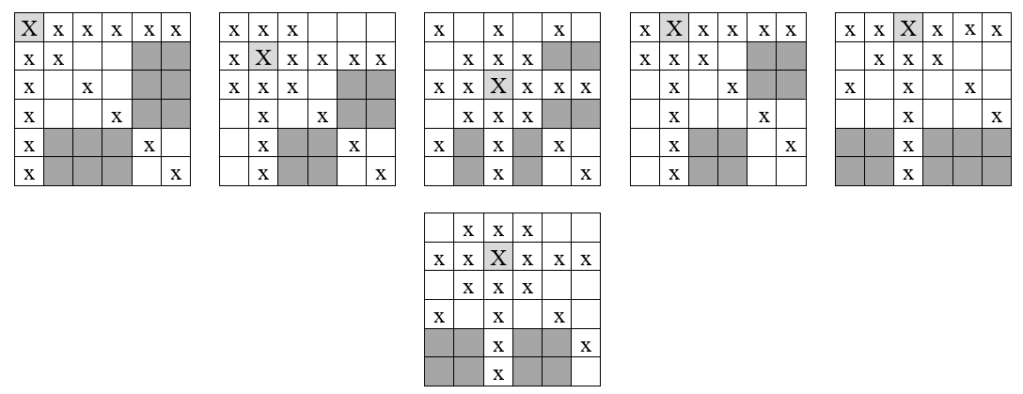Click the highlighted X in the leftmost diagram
point(29,28)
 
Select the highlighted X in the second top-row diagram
point(263,57)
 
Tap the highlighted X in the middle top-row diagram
point(498,87)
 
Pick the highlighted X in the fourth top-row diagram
point(673,28)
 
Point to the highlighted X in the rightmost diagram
point(907,28)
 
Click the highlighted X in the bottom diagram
point(498,257)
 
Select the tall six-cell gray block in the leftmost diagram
point(161,85)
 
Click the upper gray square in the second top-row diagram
point(366,100)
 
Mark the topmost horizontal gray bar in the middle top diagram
point(571,56)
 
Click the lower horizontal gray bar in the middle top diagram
point(571,115)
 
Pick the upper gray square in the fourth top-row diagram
point(777,71)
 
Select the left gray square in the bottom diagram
point(454,356)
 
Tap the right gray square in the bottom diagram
point(543,356)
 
